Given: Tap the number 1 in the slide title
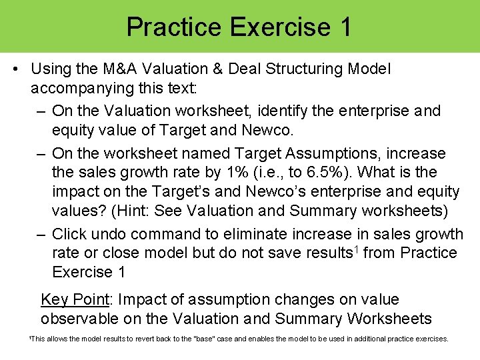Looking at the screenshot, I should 345,27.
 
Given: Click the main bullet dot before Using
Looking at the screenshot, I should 15,69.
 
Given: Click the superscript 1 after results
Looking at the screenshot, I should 355,249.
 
